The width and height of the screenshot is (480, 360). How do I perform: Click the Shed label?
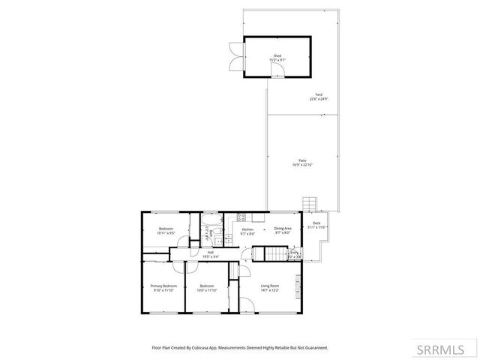(x=277, y=56)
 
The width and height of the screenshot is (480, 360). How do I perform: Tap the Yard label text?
(x=319, y=94)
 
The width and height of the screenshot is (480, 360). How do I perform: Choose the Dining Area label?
(x=282, y=229)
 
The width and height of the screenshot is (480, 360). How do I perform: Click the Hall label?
(x=211, y=252)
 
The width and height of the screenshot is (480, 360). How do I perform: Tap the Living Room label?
(x=269, y=286)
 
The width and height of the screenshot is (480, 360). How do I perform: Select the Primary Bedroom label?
(x=163, y=286)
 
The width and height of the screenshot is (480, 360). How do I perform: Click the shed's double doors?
(x=237, y=56)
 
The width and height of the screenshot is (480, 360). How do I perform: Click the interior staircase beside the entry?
(x=279, y=254)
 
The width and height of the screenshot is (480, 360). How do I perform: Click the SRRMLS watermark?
(x=445, y=349)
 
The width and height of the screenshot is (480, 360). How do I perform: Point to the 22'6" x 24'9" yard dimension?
(x=319, y=99)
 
